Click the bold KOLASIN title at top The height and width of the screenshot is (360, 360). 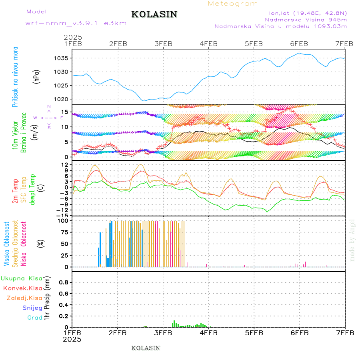coord(154,14)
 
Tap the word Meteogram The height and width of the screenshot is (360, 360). coord(233,4)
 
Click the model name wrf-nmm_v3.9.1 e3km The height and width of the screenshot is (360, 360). coord(76,23)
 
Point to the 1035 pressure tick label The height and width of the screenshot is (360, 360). coord(61,58)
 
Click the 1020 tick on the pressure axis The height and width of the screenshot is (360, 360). coord(61,99)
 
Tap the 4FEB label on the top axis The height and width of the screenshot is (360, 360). coord(208,44)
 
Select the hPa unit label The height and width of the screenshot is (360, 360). coord(37,76)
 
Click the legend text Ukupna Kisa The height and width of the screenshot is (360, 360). coord(21,278)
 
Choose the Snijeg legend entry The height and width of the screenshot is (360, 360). coord(32,308)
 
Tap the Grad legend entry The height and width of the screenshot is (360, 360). coord(35,318)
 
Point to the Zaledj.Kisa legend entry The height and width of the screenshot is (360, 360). coord(24,298)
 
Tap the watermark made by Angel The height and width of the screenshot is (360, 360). coord(352,240)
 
